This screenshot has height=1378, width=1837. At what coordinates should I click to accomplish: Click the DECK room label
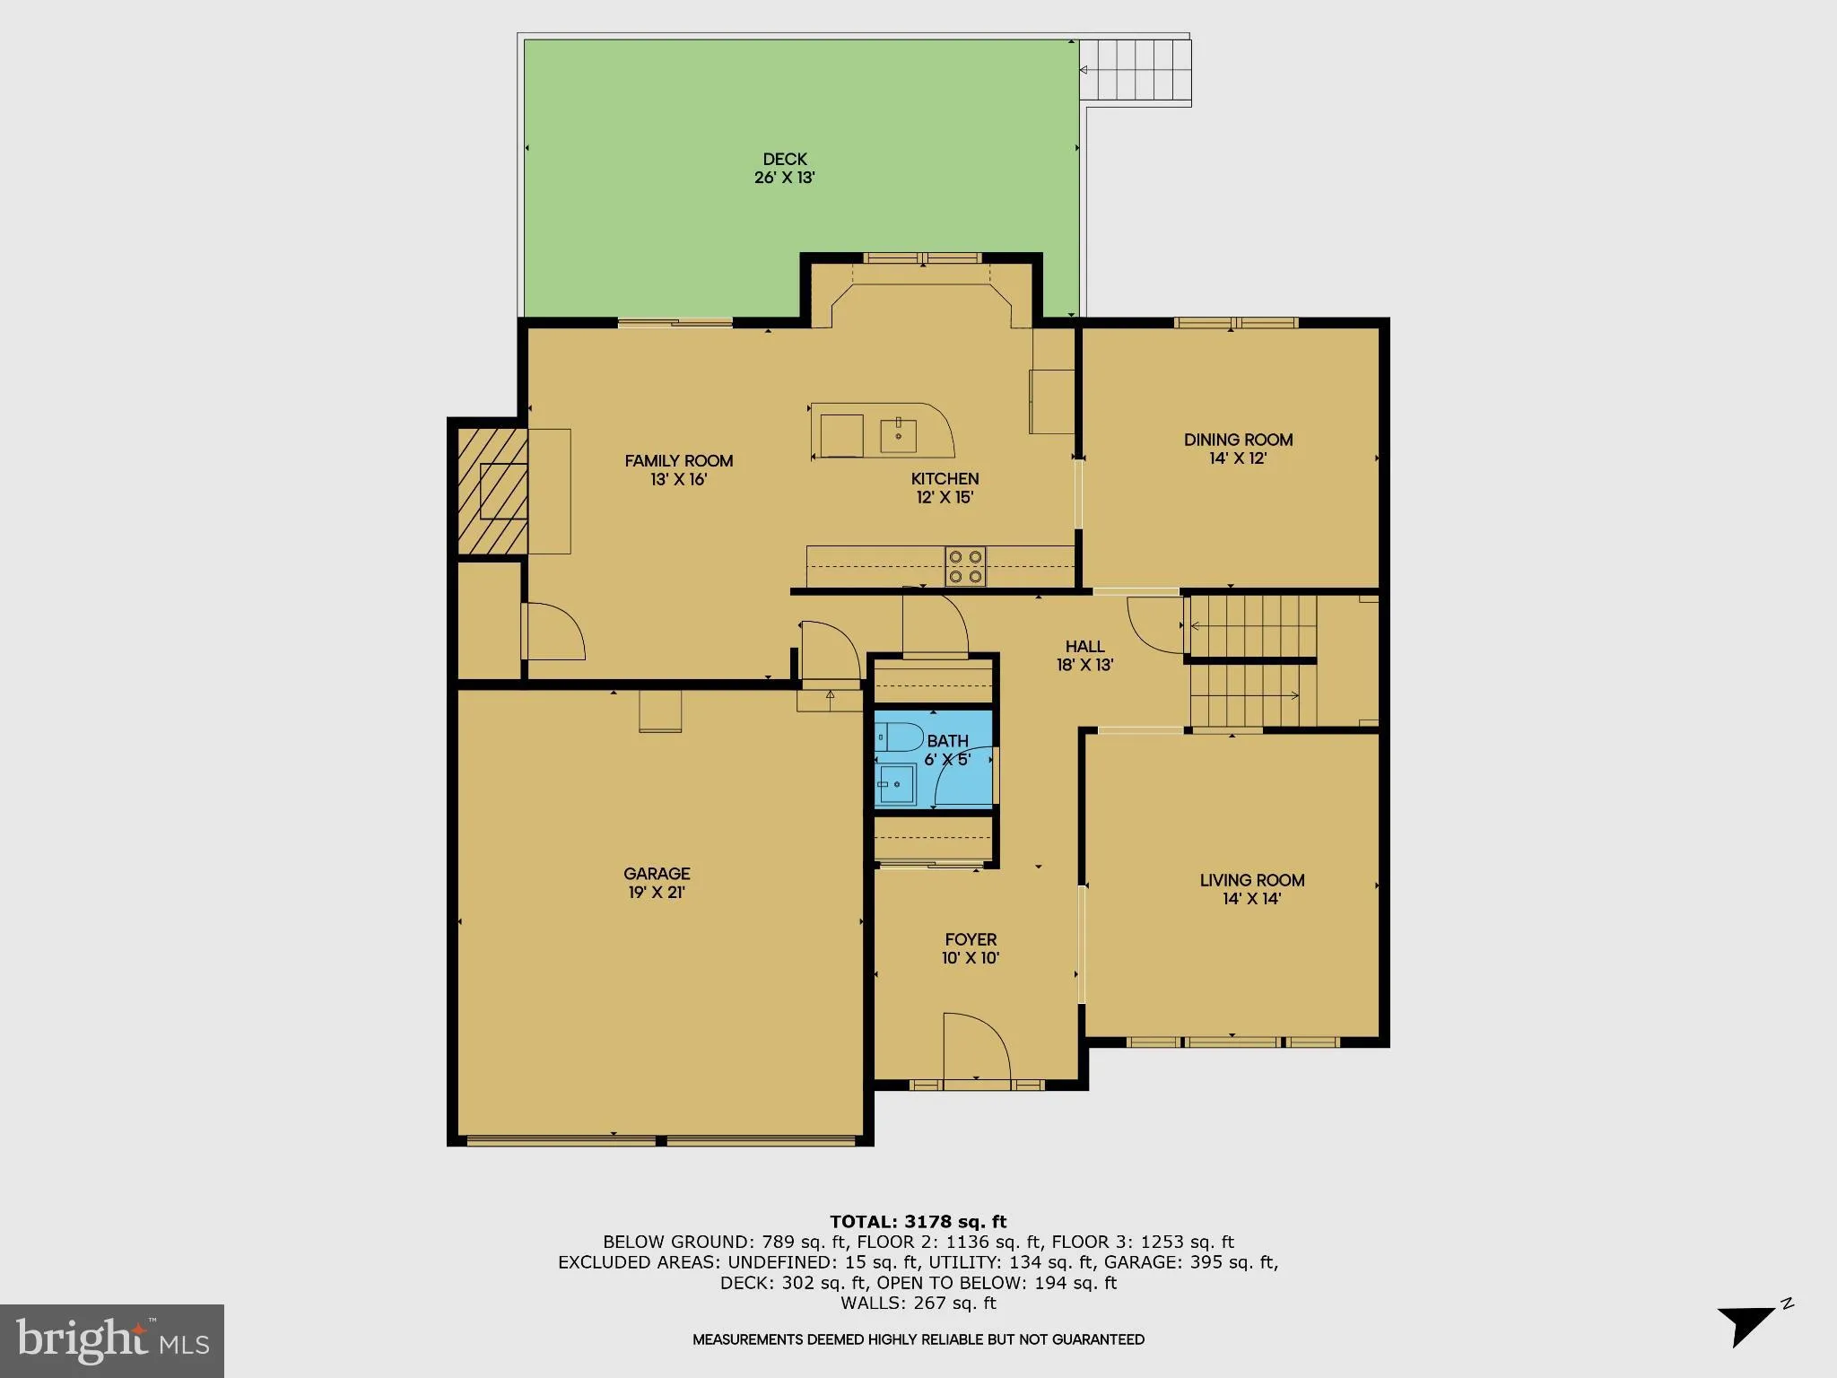pyautogui.click(x=785, y=160)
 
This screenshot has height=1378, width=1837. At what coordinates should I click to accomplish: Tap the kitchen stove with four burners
pyautogui.click(x=965, y=566)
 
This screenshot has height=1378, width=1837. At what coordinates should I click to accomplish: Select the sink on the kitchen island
pyautogui.click(x=898, y=435)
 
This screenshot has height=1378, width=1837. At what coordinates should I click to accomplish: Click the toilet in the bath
pyautogui.click(x=898, y=738)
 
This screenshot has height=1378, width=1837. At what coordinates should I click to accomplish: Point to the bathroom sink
pyautogui.click(x=896, y=785)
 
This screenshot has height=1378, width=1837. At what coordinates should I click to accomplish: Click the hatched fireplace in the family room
pyautogui.click(x=492, y=491)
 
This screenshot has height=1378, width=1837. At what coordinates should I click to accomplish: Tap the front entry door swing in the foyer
pyautogui.click(x=976, y=1047)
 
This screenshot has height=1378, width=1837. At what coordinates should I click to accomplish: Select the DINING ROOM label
pyautogui.click(x=1238, y=440)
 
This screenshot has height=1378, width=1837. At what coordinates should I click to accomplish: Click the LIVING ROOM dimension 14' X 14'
pyautogui.click(x=1251, y=899)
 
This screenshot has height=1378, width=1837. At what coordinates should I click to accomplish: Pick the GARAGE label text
pyautogui.click(x=657, y=874)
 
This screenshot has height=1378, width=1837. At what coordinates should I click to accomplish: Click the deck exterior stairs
pyautogui.click(x=1135, y=72)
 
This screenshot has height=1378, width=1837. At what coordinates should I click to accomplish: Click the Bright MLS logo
pyautogui.click(x=112, y=1340)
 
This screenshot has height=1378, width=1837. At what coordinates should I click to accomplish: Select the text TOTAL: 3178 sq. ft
pyautogui.click(x=918, y=1222)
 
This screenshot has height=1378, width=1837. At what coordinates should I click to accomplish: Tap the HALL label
pyautogui.click(x=1084, y=647)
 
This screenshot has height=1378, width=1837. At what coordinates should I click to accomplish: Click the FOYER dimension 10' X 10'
pyautogui.click(x=971, y=958)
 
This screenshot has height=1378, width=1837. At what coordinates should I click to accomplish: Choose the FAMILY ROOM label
pyautogui.click(x=679, y=461)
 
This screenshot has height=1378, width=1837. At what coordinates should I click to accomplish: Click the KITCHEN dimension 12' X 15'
pyautogui.click(x=945, y=498)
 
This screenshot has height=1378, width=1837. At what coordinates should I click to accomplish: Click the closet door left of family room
pyautogui.click(x=554, y=632)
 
